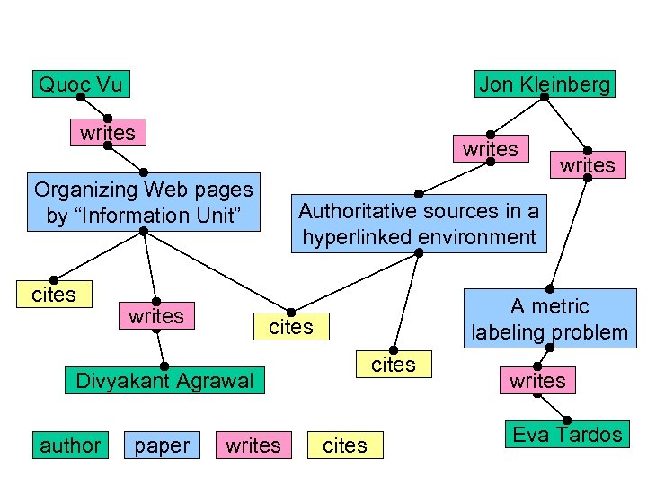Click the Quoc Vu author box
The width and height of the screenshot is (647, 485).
coord(80,84)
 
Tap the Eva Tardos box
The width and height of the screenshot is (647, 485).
coord(566,435)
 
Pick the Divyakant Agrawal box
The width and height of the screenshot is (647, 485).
coord(164,380)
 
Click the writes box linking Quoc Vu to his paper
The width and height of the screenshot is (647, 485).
coord(108,133)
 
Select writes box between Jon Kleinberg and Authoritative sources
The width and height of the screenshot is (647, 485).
coord(491,149)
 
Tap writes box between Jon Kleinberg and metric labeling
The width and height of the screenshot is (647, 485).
coord(588,164)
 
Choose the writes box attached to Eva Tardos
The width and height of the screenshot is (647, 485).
coord(537,381)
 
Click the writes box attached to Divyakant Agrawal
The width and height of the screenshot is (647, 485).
coord(156,316)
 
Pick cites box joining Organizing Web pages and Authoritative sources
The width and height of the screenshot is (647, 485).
coord(291,327)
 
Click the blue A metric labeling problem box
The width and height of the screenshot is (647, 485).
coord(550,319)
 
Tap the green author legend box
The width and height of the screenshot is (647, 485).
coord(70,445)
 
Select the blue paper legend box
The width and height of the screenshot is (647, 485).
coord(162,445)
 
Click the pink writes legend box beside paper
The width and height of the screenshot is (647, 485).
coord(253,445)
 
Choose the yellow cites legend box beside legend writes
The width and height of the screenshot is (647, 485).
coord(345,445)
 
